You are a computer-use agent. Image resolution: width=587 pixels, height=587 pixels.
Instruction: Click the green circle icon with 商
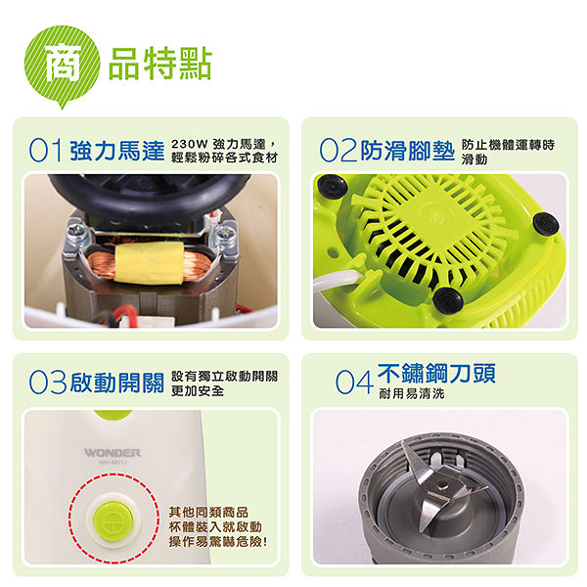point(63,64)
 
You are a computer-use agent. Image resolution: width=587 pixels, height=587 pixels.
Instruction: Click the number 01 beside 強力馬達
point(45,151)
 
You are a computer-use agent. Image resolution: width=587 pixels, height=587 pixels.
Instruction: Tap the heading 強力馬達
point(117,151)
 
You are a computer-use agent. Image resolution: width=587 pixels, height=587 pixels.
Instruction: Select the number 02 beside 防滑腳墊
point(338,151)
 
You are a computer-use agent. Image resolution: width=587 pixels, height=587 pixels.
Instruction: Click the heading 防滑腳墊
point(407,151)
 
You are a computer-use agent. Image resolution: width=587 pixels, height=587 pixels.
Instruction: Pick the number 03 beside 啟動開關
point(48,383)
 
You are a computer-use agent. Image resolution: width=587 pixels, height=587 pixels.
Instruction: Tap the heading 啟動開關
point(117,383)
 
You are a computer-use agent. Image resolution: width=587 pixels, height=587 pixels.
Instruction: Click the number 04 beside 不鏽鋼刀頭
point(354,383)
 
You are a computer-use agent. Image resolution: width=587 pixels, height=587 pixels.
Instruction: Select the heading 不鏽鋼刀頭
point(436,374)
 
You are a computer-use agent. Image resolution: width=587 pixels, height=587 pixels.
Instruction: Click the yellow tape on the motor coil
point(150,263)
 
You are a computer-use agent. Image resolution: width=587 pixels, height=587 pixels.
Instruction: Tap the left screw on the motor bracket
point(76,233)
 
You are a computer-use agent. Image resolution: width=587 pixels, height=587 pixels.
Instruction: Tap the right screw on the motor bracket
point(225,233)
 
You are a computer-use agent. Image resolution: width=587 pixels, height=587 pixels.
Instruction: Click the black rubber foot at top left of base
point(331,186)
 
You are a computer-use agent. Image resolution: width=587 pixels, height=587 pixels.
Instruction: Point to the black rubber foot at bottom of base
point(448,300)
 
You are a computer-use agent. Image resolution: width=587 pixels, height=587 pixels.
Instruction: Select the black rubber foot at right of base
point(546,223)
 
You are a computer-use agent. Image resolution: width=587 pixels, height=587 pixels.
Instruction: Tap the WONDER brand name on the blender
point(113,453)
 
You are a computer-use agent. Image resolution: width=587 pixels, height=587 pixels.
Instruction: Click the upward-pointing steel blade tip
point(406,445)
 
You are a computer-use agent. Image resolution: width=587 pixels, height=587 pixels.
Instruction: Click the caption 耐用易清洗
point(412,393)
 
